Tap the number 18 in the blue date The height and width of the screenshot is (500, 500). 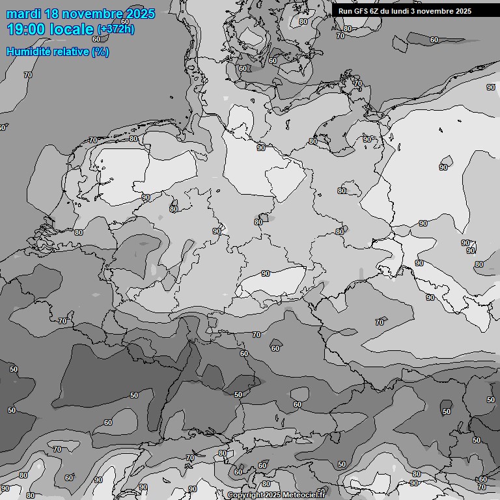(x=53, y=14)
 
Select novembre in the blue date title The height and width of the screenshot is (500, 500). (x=94, y=14)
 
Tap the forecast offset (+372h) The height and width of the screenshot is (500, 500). (x=115, y=29)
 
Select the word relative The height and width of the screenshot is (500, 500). (x=72, y=51)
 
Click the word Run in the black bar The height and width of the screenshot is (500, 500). (x=345, y=11)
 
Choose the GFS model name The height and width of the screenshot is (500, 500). (x=361, y=11)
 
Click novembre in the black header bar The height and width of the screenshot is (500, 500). (x=438, y=11)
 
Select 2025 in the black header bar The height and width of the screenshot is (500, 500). (x=464, y=11)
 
